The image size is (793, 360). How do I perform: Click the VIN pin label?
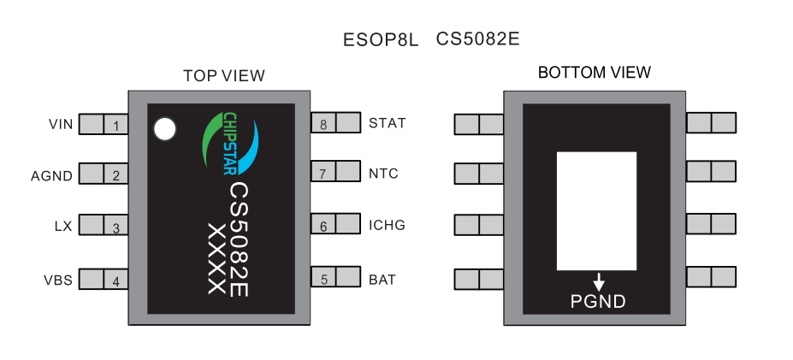coord(61,124)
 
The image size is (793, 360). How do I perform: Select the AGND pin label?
coord(52,176)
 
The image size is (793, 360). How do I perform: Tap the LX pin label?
coord(63,227)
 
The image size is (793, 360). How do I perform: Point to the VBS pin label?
coord(58,280)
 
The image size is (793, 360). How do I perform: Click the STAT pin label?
coord(387,123)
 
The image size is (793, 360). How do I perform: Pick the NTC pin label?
coord(383,174)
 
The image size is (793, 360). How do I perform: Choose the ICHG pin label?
coord(387,226)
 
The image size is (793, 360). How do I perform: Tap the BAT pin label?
coord(382,280)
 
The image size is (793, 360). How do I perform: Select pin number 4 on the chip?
coord(115,280)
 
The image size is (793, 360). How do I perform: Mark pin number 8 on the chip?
coord(323,124)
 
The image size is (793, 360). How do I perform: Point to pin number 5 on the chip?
coord(323,279)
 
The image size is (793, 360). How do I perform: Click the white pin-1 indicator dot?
coord(163,129)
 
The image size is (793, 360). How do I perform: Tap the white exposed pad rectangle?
coord(596,210)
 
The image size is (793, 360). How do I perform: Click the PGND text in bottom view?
coord(598,301)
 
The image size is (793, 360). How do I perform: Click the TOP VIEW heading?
coord(224,76)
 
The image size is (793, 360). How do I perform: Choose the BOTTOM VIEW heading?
coord(595,73)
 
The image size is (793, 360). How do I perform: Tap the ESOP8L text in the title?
coord(381,39)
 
